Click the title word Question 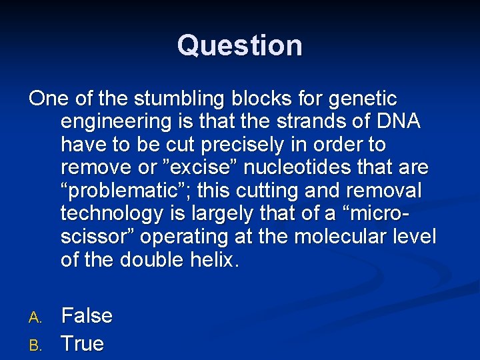point(240,45)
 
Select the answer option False point(87,315)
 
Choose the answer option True point(83,343)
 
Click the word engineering point(115,123)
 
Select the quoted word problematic point(125,191)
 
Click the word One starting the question point(49,99)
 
